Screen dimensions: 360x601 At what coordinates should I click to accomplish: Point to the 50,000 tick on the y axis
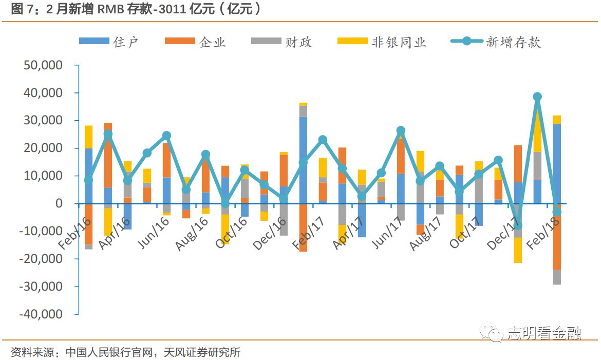43,66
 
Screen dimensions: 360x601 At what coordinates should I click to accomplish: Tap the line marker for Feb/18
557,212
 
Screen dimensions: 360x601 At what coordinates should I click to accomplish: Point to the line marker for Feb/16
88,180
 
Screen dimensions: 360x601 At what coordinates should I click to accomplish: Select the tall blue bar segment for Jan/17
303,160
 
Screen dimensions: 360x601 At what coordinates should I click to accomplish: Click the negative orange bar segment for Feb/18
557,239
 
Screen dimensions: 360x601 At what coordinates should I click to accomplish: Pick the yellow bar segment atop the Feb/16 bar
88,137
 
